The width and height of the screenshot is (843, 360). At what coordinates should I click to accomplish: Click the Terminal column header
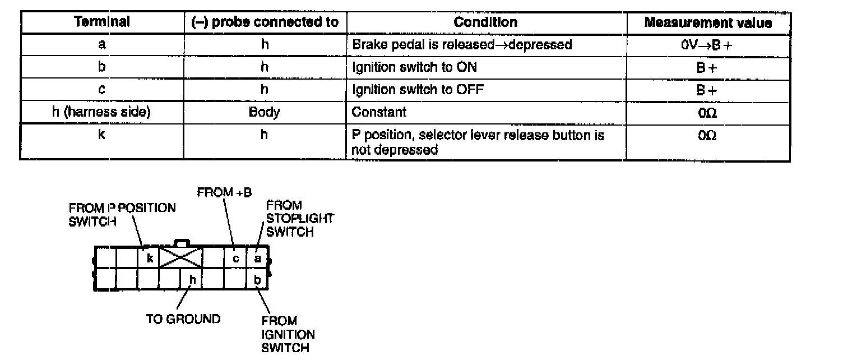point(102,22)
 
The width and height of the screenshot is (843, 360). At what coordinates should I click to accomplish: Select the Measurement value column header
point(708,23)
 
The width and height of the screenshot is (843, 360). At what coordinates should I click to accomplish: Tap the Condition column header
point(485,22)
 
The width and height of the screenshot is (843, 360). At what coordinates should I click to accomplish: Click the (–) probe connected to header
point(265,22)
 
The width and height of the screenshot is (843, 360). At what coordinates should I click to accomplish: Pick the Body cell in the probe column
point(265,112)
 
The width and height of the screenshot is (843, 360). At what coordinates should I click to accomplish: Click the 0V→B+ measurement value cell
point(708,45)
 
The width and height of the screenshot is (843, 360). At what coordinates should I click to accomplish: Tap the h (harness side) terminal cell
point(101,112)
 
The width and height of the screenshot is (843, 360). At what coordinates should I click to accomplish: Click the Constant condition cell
point(379,112)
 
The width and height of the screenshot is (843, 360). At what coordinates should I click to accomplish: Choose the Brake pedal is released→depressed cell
point(462,45)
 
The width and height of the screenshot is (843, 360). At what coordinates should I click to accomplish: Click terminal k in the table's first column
point(101,136)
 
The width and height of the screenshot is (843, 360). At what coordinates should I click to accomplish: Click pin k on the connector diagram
point(150,259)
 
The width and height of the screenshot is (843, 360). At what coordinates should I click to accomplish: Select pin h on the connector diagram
point(192,279)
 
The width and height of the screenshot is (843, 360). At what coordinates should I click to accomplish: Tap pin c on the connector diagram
point(236,259)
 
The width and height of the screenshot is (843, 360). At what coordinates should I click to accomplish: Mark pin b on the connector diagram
point(257,279)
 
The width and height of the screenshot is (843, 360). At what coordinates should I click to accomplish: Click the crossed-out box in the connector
point(181,259)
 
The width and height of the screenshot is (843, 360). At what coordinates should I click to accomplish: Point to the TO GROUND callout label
point(183,319)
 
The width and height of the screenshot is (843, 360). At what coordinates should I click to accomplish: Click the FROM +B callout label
point(224,192)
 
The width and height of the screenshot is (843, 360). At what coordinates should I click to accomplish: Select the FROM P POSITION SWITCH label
point(122,214)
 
